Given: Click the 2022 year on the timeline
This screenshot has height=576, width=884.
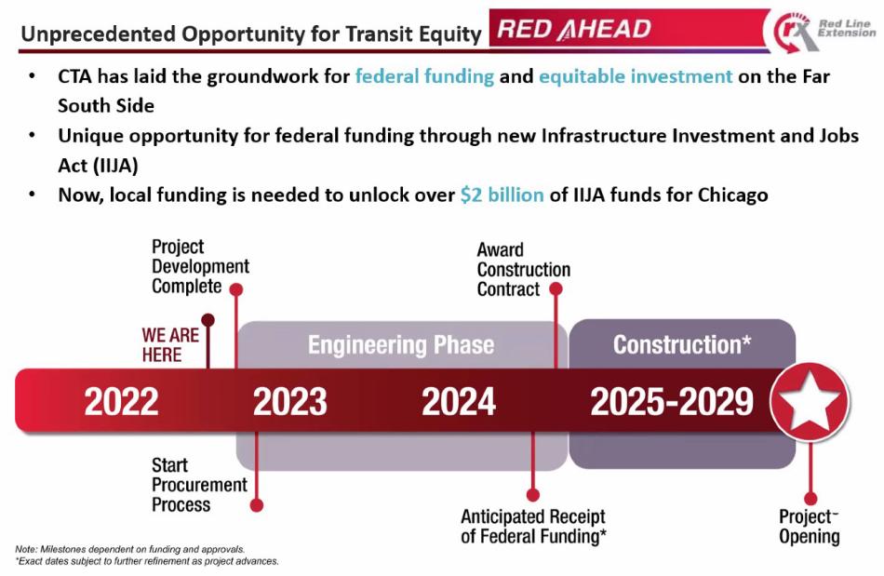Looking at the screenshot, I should coord(121,402).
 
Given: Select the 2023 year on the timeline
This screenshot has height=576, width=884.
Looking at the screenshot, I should coord(290,402).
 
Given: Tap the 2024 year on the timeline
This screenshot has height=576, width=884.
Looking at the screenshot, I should coord(459,402).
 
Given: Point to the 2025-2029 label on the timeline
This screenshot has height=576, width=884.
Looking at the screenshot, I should coord(671,402).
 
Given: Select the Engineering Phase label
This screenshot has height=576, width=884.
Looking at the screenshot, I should coord(400,345).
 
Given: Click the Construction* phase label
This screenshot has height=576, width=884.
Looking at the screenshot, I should coord(682,345).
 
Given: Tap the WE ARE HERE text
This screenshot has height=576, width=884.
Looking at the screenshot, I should coord(169,344).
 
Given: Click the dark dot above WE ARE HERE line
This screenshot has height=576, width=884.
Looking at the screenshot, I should coord(208,320).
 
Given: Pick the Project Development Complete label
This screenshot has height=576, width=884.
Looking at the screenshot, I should coord(199,267).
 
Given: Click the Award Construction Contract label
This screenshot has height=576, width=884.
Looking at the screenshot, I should coord(523,270).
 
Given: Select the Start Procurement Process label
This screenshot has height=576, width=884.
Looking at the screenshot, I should coord(199,485).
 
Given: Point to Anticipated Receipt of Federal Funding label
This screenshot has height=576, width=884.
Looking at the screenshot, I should coord(532,527).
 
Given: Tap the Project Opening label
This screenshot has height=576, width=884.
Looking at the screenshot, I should coord(809,527).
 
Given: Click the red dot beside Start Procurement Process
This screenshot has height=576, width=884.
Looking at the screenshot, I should coord(257,505).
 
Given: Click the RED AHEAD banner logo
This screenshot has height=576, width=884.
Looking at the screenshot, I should coord(574,29).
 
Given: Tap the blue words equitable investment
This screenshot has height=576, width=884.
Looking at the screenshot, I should coord(636,76).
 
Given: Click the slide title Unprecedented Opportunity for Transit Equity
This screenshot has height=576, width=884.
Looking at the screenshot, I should coord(251,34).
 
